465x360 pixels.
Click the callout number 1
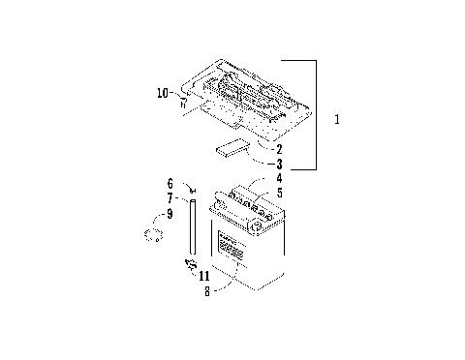[336, 120]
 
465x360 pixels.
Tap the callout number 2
[279, 150]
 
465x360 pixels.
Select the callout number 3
[279, 165]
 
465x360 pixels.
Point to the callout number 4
[279, 179]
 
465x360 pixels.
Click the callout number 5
[279, 193]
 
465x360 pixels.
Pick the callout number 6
[170, 183]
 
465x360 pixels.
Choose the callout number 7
[170, 197]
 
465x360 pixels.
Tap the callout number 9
[170, 213]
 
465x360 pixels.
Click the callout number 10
[163, 93]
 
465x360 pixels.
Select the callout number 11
[202, 275]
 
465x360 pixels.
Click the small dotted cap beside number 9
[151, 235]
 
